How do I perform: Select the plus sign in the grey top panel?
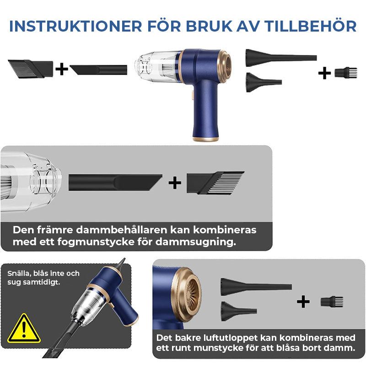click(x=175, y=183)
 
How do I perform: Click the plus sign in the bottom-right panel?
click(x=303, y=301)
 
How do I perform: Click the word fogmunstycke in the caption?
click(x=91, y=242)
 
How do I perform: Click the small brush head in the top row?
click(x=345, y=72)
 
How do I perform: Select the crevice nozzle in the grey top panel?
click(x=114, y=182)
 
